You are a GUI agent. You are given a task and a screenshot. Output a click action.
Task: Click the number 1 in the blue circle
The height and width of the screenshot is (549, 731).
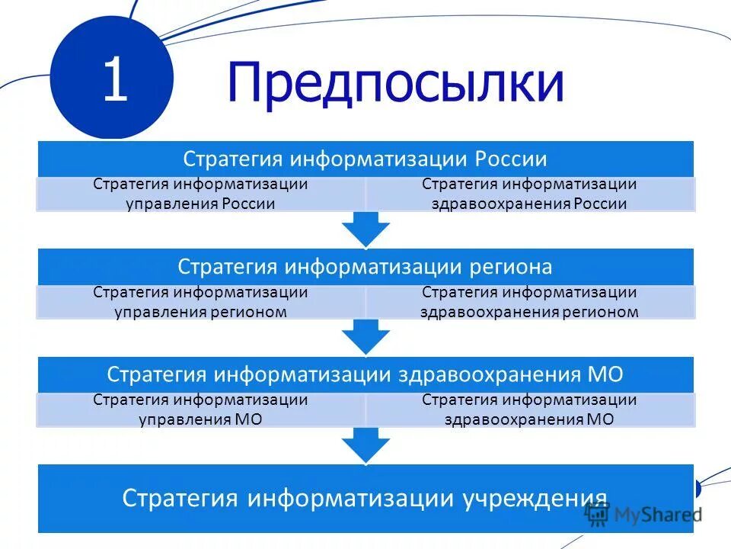(115, 82)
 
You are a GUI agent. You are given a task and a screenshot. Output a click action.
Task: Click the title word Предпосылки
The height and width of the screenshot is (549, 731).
(395, 84)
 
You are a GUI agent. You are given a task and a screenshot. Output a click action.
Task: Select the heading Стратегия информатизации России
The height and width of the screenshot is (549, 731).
(365, 159)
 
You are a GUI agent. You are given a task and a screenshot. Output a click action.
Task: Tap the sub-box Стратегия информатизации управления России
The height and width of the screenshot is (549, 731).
(201, 194)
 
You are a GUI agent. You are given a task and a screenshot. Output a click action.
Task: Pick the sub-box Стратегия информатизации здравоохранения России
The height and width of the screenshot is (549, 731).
(529, 194)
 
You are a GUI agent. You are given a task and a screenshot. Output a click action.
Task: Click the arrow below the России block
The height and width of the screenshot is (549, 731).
(365, 228)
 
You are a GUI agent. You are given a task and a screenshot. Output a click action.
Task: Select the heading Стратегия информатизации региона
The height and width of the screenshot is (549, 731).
(365, 266)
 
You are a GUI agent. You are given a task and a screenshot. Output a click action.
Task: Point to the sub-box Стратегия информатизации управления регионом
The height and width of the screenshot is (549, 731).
(201, 302)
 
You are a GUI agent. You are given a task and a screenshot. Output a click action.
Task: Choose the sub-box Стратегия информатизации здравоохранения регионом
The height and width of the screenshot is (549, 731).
(529, 302)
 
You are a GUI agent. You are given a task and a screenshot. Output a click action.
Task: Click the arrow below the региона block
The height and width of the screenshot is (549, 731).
(365, 335)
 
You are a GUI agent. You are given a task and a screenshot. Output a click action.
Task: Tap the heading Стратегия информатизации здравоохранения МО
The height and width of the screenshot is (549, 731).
(365, 374)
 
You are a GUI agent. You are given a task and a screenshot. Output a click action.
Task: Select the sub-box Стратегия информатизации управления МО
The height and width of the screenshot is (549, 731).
(201, 409)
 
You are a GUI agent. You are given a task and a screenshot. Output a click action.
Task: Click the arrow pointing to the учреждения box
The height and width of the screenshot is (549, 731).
(365, 444)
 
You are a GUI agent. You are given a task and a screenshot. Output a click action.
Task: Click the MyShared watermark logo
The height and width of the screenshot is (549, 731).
(643, 515)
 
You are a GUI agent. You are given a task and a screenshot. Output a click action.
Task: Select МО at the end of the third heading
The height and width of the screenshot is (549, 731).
(606, 374)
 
